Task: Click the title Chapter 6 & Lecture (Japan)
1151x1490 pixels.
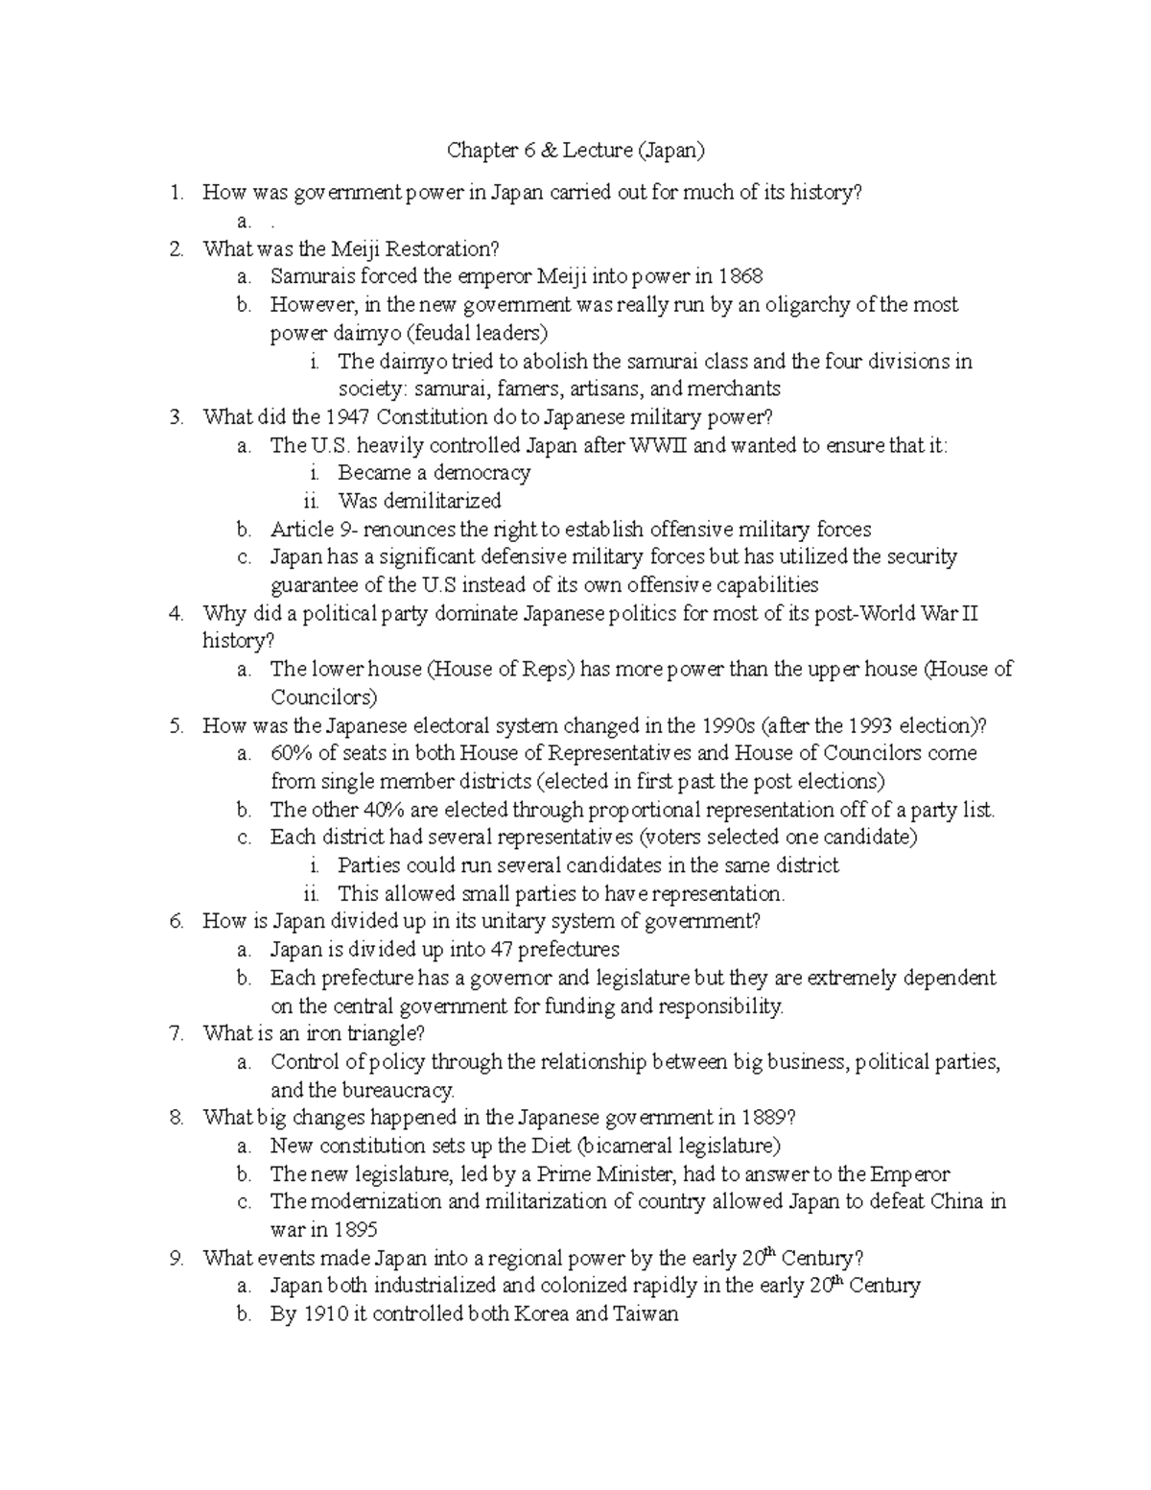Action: click(x=575, y=151)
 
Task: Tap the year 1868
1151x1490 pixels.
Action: click(x=739, y=277)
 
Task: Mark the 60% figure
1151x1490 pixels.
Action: click(x=292, y=753)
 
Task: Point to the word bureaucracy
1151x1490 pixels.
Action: click(x=392, y=1090)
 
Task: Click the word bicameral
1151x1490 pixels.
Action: click(x=626, y=1146)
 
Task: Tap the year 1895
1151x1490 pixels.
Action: click(x=354, y=1230)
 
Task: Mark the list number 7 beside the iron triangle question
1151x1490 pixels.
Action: click(x=176, y=1033)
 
